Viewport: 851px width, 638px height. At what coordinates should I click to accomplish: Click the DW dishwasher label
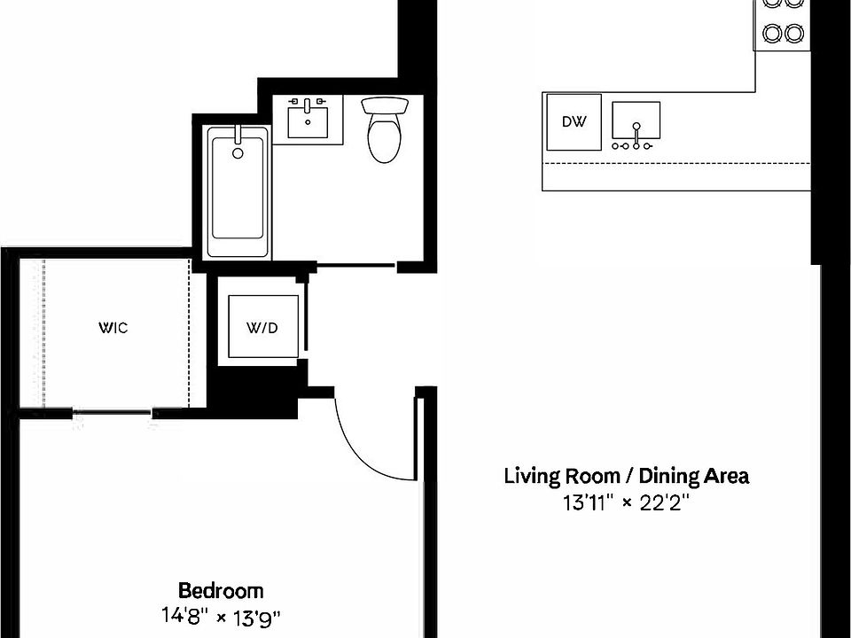(x=574, y=121)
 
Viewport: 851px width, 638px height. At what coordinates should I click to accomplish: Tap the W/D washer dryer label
(x=262, y=328)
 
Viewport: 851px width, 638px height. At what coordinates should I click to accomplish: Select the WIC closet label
(x=113, y=328)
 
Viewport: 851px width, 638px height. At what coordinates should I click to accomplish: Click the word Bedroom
(x=221, y=590)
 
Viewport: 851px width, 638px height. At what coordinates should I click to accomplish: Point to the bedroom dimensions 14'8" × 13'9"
(x=221, y=617)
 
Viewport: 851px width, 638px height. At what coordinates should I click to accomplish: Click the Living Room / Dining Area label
(x=627, y=476)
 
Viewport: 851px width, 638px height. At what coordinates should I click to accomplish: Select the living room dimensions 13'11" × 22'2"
(x=626, y=502)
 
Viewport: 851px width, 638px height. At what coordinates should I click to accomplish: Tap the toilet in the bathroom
(x=384, y=129)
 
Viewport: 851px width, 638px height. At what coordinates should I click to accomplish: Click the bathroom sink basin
(x=308, y=122)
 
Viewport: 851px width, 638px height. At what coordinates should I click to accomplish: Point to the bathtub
(x=238, y=191)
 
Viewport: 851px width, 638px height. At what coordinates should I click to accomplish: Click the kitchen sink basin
(x=636, y=120)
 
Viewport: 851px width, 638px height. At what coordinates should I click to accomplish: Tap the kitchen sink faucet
(x=636, y=136)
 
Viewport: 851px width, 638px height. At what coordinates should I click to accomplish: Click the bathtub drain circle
(x=238, y=153)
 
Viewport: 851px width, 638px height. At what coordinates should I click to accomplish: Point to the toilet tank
(x=385, y=105)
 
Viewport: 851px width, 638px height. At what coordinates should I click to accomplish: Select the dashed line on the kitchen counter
(x=676, y=163)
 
